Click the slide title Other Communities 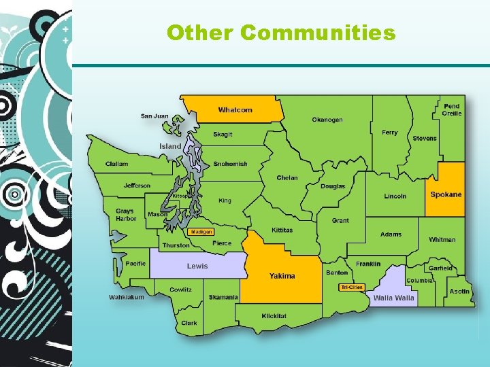[280, 33]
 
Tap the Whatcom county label [235, 110]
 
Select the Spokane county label [446, 194]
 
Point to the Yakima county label [282, 276]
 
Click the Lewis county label [197, 266]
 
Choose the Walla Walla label [393, 298]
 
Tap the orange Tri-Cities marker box [352, 287]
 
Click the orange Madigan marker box [201, 232]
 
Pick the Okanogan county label [327, 120]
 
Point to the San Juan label [154, 116]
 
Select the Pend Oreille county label [452, 109]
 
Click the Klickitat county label [274, 316]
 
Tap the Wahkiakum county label [127, 297]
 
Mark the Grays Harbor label [125, 215]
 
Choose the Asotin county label [459, 291]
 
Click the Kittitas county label [282, 230]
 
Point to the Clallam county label [116, 164]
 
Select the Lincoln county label [395, 196]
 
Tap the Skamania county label [223, 297]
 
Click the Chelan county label [287, 178]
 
